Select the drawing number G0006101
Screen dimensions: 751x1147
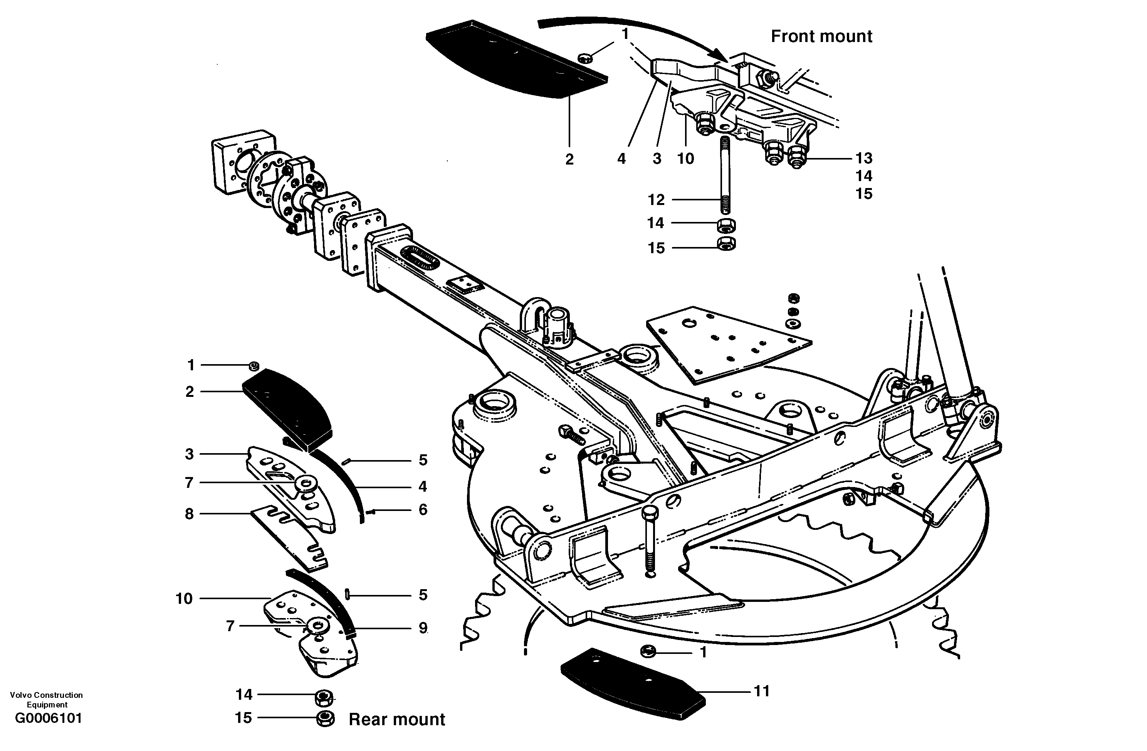48,718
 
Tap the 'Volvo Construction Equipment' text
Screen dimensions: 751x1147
46,699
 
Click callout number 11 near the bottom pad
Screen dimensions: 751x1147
761,691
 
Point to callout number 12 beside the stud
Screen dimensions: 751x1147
656,200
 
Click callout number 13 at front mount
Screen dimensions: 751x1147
864,158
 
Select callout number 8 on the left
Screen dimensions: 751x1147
190,514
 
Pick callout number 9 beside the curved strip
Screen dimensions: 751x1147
423,628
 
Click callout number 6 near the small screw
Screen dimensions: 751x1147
423,509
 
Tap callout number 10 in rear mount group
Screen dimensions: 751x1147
184,599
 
